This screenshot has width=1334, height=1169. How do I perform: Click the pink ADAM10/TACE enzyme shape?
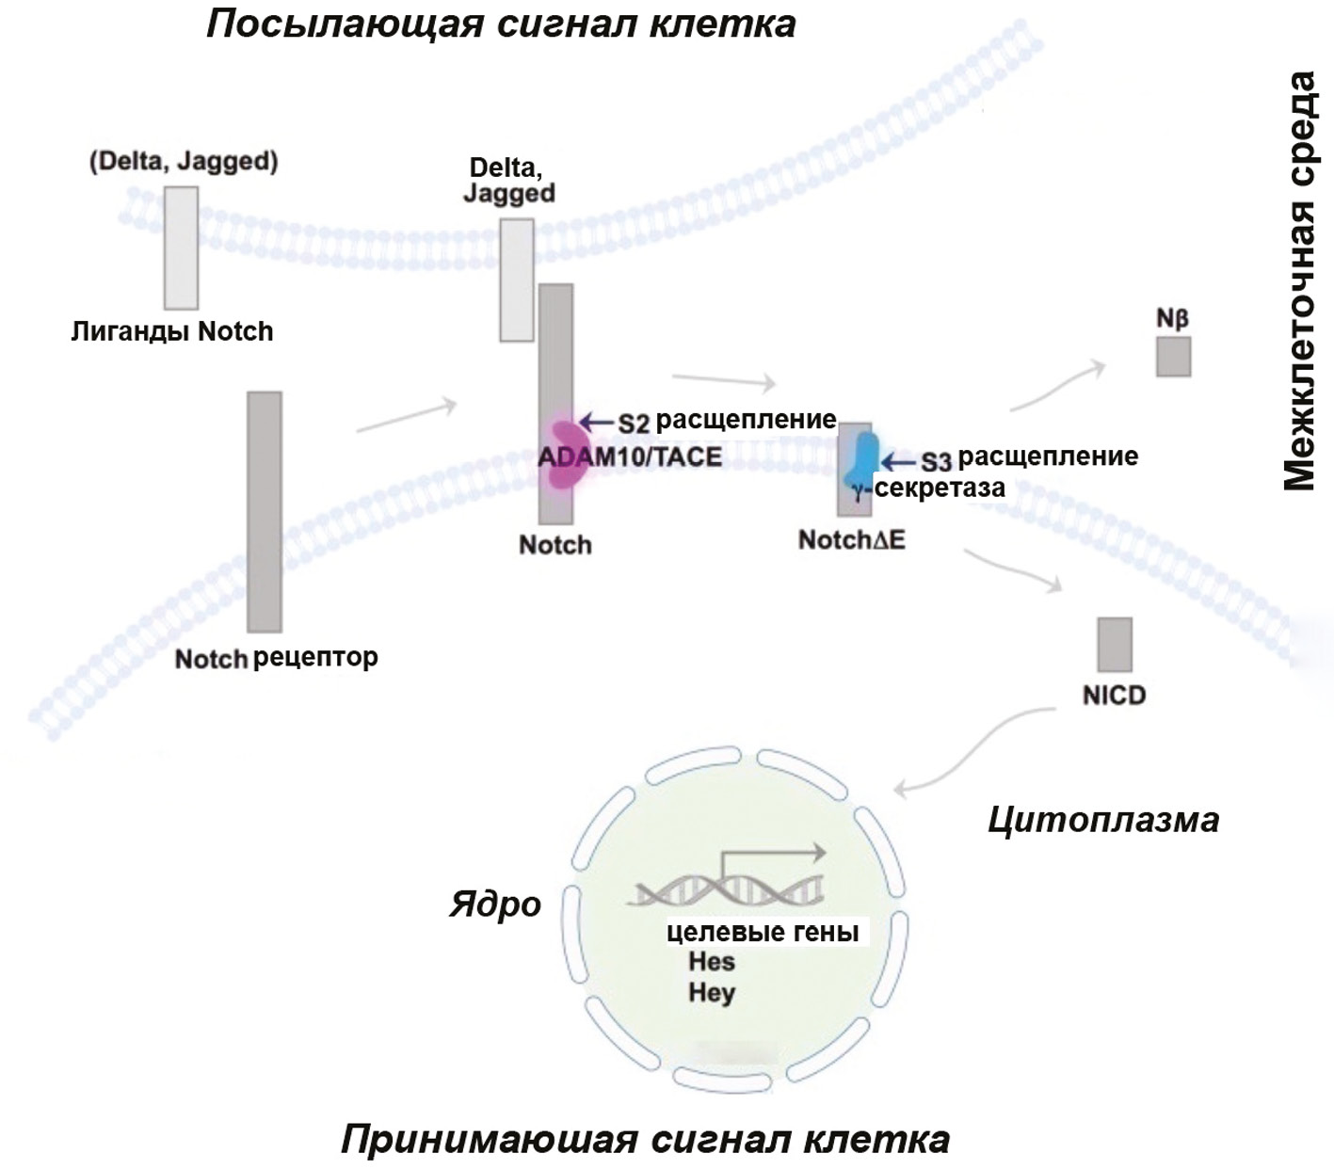click(569, 454)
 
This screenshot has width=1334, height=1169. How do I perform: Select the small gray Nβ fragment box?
click(1173, 357)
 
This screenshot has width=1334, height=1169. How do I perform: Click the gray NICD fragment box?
click(1115, 645)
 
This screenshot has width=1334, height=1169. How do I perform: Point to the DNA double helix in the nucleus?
click(728, 886)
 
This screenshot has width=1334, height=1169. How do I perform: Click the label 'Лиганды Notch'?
click(172, 331)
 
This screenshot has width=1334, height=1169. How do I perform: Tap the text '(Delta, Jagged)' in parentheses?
click(184, 161)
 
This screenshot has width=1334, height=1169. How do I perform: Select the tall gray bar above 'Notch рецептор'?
click(265, 511)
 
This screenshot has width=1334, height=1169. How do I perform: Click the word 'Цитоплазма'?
click(1102, 820)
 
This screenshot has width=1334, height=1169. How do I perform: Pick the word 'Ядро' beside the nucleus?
click(495, 905)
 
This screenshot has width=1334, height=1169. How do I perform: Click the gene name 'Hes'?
click(712, 962)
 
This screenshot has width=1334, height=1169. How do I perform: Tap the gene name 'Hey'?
click(712, 992)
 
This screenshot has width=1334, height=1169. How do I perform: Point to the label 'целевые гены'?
click(763, 932)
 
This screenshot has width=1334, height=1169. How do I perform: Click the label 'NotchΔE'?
click(851, 539)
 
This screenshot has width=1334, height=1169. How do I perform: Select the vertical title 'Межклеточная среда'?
click(1299, 280)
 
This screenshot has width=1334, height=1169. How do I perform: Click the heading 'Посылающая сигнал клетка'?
click(501, 24)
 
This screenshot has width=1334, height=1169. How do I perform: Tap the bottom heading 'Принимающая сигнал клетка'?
click(645, 1140)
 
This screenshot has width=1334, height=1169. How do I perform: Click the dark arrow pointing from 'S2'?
click(597, 422)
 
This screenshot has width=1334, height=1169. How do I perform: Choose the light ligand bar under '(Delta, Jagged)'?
click(181, 248)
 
